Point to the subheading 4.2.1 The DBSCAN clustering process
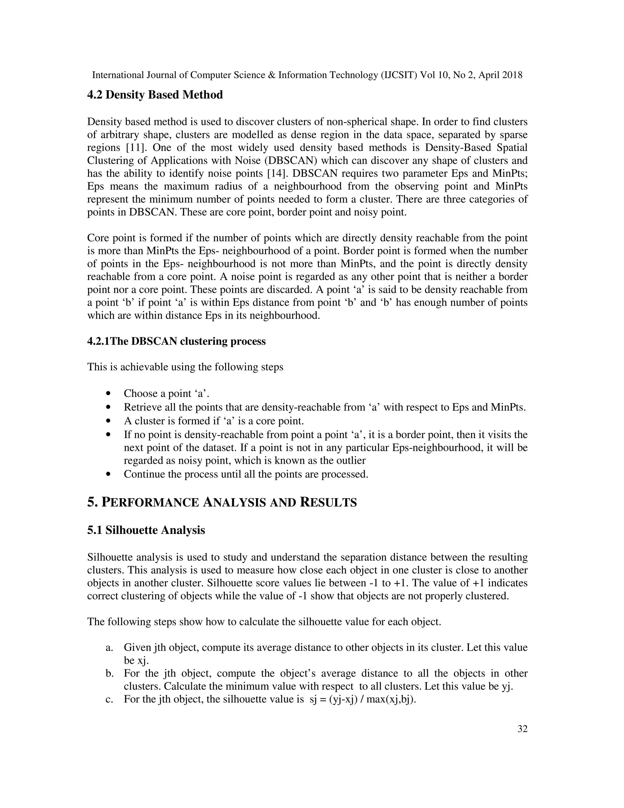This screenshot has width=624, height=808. [x=176, y=341]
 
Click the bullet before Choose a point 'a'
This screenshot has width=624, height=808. [x=108, y=393]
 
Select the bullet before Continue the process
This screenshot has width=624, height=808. [x=108, y=474]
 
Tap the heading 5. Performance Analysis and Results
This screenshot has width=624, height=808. [x=222, y=502]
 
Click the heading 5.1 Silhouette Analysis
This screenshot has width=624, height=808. [x=146, y=530]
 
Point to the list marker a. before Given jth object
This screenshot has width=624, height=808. [x=109, y=647]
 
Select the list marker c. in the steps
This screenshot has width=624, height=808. [x=109, y=699]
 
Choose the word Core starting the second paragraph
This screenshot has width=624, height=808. [x=98, y=238]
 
